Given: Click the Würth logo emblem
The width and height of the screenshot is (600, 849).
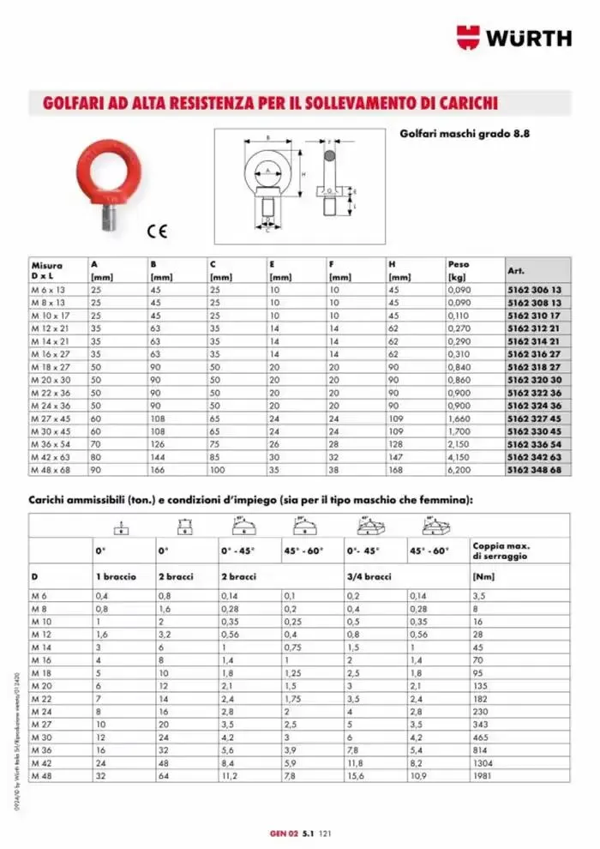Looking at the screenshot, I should tap(469, 37).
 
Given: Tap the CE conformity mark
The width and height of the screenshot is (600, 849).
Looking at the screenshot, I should tap(157, 230).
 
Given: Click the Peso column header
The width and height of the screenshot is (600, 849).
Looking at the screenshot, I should tap(459, 265).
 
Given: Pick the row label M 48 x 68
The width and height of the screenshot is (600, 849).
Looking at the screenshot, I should tap(52, 470).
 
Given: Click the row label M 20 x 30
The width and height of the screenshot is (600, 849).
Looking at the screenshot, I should tap(52, 380).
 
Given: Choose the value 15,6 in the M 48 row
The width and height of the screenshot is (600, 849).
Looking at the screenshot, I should tap(357, 775).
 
